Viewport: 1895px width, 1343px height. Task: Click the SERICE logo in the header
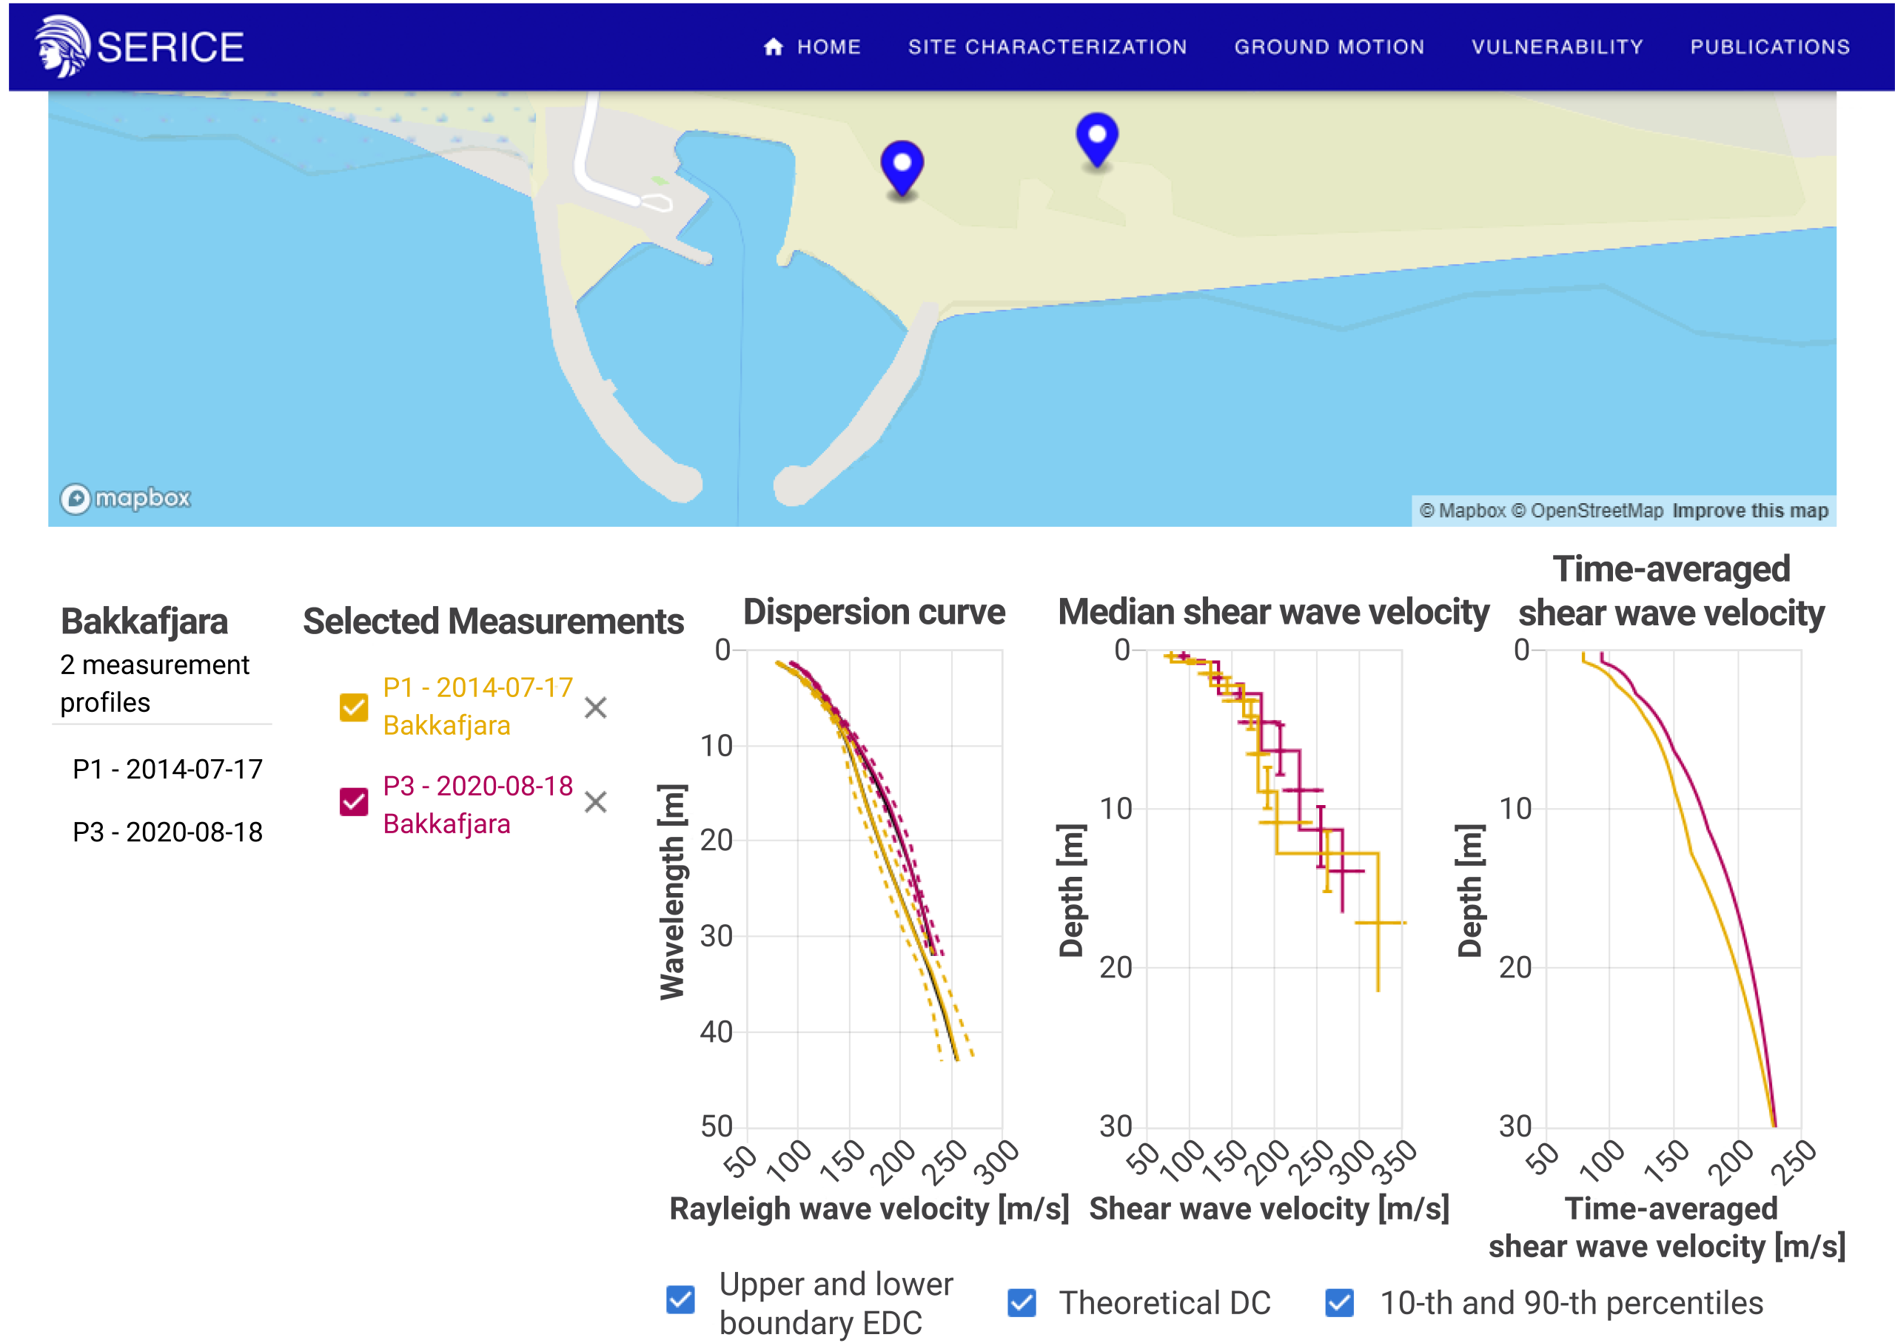[x=139, y=47]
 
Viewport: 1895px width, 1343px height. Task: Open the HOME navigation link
[x=811, y=47]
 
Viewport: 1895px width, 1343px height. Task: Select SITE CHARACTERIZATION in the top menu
[x=1047, y=47]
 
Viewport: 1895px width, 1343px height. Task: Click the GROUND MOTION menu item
[x=1329, y=47]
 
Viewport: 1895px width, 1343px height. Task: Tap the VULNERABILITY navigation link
[x=1557, y=47]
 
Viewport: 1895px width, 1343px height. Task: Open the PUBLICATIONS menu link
[x=1770, y=47]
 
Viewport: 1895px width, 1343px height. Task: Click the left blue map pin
[x=902, y=168]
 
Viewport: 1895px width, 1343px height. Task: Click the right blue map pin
[x=1097, y=140]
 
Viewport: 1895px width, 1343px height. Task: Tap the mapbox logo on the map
[x=126, y=498]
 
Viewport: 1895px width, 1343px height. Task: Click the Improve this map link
[x=1750, y=511]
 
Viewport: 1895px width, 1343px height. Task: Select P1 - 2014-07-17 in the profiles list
[x=168, y=769]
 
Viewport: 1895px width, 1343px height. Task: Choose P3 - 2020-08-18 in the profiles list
[x=168, y=832]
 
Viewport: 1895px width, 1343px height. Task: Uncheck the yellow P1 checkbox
[x=354, y=707]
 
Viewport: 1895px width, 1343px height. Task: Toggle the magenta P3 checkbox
[x=354, y=801]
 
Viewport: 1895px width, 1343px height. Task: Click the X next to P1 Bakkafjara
[x=596, y=708]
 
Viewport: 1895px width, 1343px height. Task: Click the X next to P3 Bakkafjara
[x=596, y=802]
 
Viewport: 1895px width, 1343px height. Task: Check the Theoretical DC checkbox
[x=1022, y=1302]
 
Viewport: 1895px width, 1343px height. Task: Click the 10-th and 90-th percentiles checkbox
[x=1340, y=1302]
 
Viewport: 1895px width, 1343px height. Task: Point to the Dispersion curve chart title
[x=874, y=612]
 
